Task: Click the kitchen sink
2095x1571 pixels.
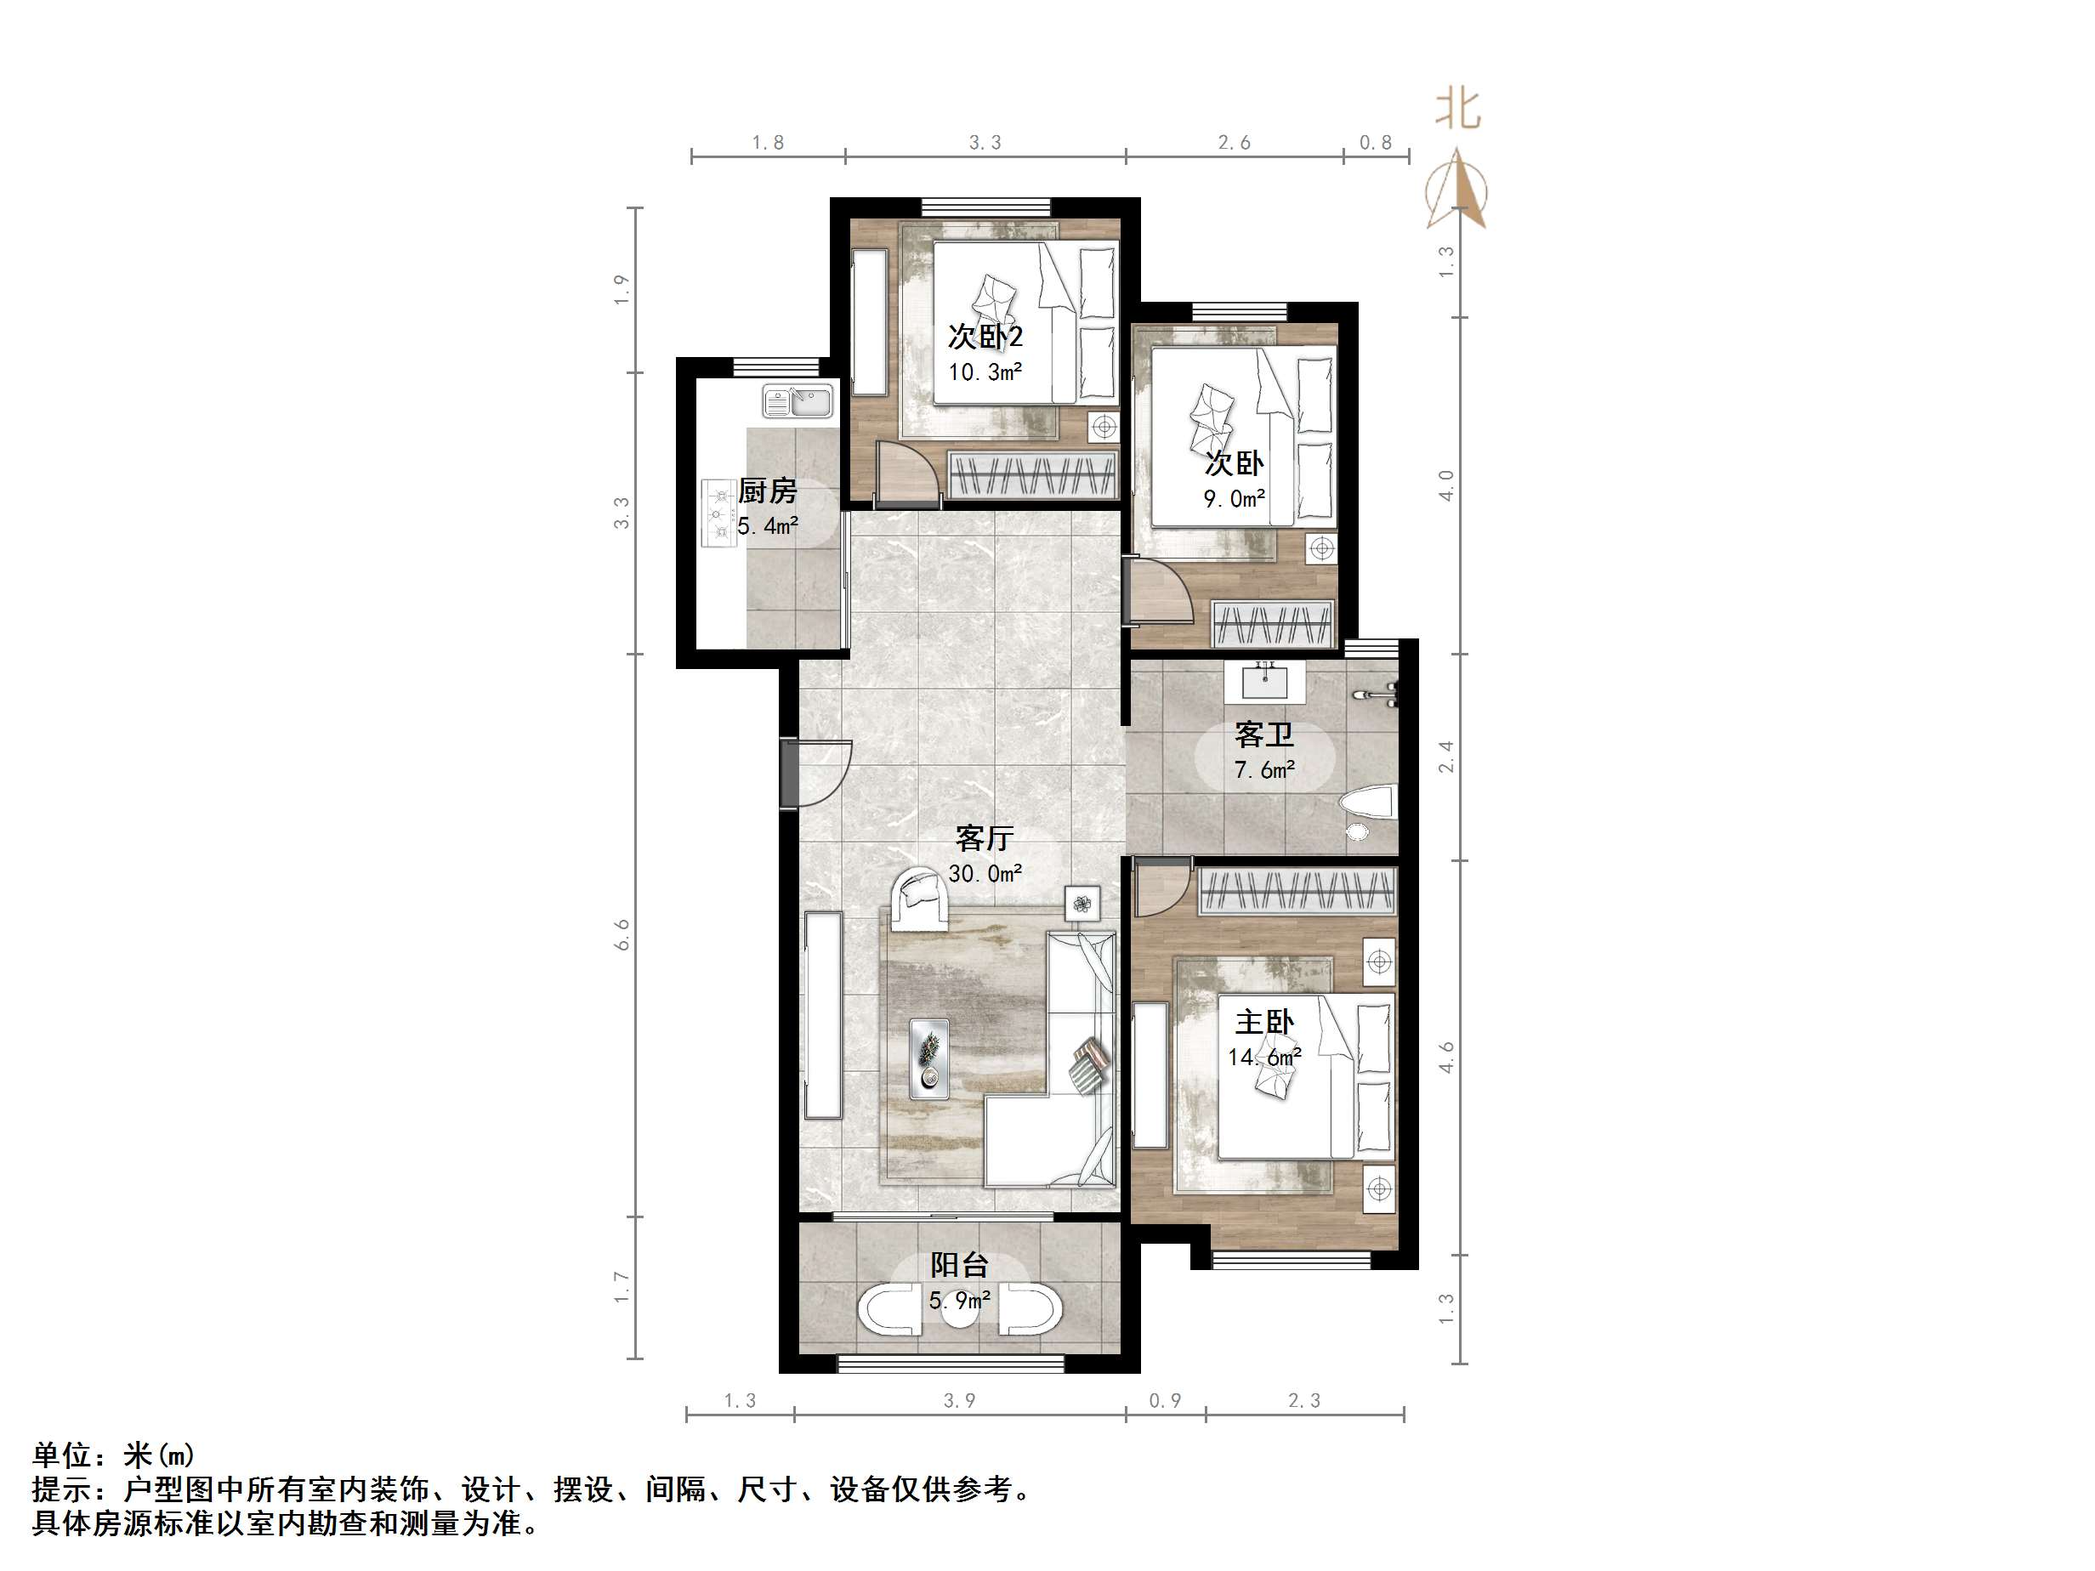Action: tap(798, 400)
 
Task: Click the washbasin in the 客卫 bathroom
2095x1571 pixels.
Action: tap(1263, 680)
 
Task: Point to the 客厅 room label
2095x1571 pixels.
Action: tap(984, 838)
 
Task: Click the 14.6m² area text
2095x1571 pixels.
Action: tap(1263, 1057)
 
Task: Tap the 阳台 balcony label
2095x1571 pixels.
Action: tap(959, 1265)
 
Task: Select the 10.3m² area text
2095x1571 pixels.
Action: tap(985, 372)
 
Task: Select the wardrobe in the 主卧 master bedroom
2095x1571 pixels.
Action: tap(1297, 891)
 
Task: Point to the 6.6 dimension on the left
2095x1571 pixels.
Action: tap(622, 934)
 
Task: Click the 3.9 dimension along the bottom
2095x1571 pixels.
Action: tap(958, 1400)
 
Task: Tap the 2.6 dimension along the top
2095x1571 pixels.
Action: tap(1233, 143)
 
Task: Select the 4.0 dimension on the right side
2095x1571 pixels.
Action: tap(1445, 485)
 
